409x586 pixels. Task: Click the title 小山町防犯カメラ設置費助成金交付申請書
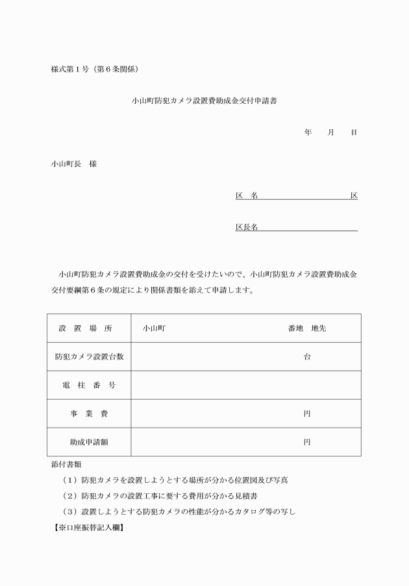point(204,101)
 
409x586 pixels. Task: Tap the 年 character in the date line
point(308,132)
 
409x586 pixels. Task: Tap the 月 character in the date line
point(330,132)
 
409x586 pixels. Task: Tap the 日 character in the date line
point(354,132)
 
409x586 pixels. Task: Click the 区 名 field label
point(247,195)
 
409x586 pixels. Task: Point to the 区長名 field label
point(247,227)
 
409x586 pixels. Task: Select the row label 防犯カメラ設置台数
point(89,357)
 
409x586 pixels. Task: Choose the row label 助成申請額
point(89,442)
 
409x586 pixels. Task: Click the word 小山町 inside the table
point(155,328)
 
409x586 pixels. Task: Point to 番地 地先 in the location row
point(307,328)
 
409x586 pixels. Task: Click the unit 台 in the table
point(307,357)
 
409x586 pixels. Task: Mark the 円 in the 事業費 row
point(307,413)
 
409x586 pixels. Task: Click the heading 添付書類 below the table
point(66,465)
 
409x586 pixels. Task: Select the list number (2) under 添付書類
point(70,496)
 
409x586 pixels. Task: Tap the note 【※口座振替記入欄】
point(88,527)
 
